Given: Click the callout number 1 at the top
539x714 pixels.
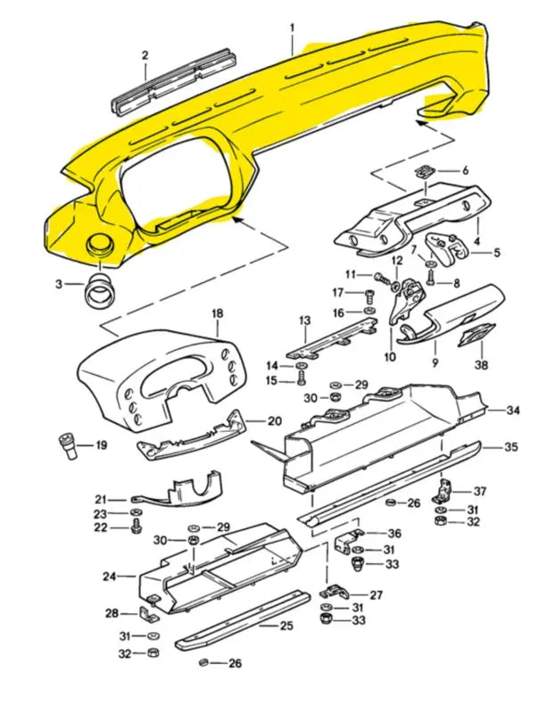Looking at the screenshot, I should coord(292,28).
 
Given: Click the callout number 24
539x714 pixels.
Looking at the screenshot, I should coord(109,577).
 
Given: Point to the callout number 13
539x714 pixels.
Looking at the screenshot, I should coord(304,320).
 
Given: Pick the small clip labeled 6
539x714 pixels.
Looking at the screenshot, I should coord(427,171).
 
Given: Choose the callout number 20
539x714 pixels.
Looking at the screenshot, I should coord(274,420).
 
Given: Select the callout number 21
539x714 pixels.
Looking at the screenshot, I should coord(100,499).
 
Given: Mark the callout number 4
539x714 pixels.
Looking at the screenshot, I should coord(477,241).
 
